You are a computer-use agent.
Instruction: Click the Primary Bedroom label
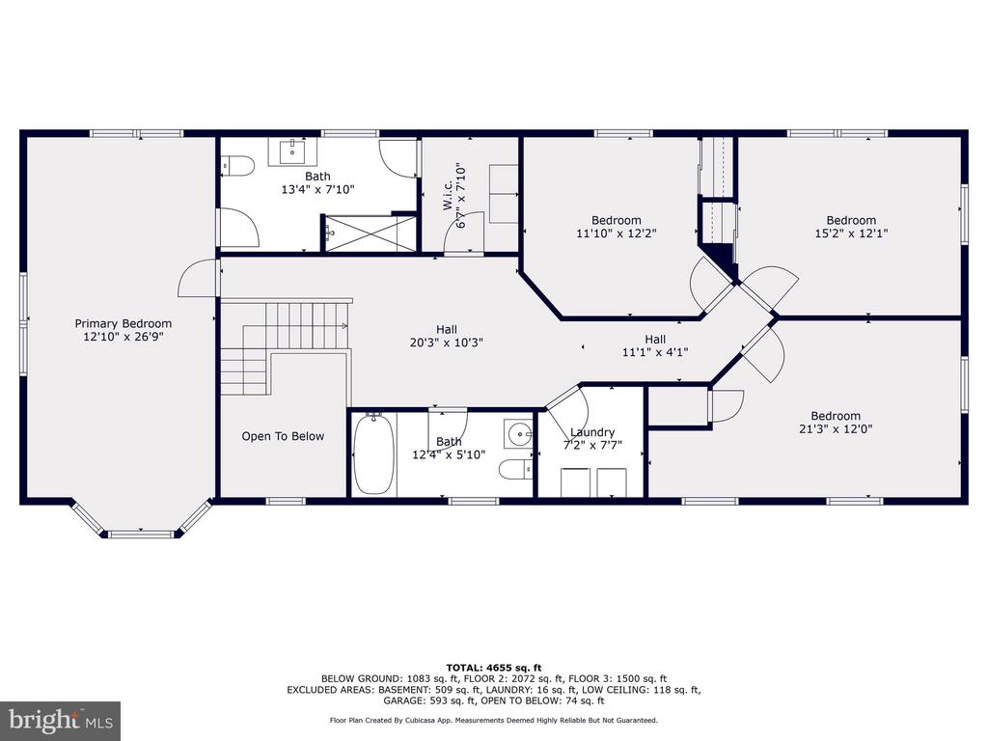pyautogui.click(x=123, y=324)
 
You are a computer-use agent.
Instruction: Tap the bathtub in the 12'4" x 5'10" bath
pyautogui.click(x=373, y=453)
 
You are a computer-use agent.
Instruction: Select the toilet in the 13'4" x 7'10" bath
pyautogui.click(x=237, y=167)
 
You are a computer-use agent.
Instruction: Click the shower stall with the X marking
pyautogui.click(x=370, y=233)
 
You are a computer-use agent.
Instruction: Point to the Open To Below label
pyautogui.click(x=283, y=436)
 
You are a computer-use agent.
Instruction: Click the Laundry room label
pyautogui.click(x=592, y=432)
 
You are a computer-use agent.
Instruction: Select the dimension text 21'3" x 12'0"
pyautogui.click(x=836, y=429)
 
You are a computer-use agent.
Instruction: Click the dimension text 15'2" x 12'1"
pyautogui.click(x=851, y=233)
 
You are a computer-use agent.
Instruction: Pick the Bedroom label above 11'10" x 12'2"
pyautogui.click(x=617, y=221)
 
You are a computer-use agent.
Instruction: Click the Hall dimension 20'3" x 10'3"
pyautogui.click(x=447, y=343)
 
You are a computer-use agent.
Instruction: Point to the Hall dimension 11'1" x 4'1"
pyautogui.click(x=655, y=352)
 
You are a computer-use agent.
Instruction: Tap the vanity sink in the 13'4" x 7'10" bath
pyautogui.click(x=292, y=151)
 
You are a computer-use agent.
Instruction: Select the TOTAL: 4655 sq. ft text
pyautogui.click(x=494, y=668)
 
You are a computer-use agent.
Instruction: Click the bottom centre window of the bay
pyautogui.click(x=141, y=535)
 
